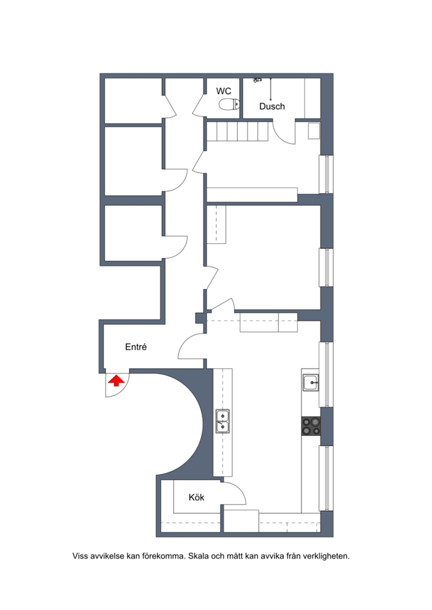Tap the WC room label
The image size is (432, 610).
pos(224,91)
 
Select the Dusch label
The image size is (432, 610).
pos(272,106)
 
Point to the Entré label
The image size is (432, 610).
pos(136,347)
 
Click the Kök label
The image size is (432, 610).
pos(196,497)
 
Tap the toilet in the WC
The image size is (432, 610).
pos(230,104)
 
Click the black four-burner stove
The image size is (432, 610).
pos(311,426)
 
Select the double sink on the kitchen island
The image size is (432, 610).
pos(223,421)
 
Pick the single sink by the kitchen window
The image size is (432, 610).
pos(311,382)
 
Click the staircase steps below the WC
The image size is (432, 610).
pos(237,131)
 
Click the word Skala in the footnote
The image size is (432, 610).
pos(198,556)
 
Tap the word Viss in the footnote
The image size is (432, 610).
pos(80,556)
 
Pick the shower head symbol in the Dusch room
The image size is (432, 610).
pos(258,80)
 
